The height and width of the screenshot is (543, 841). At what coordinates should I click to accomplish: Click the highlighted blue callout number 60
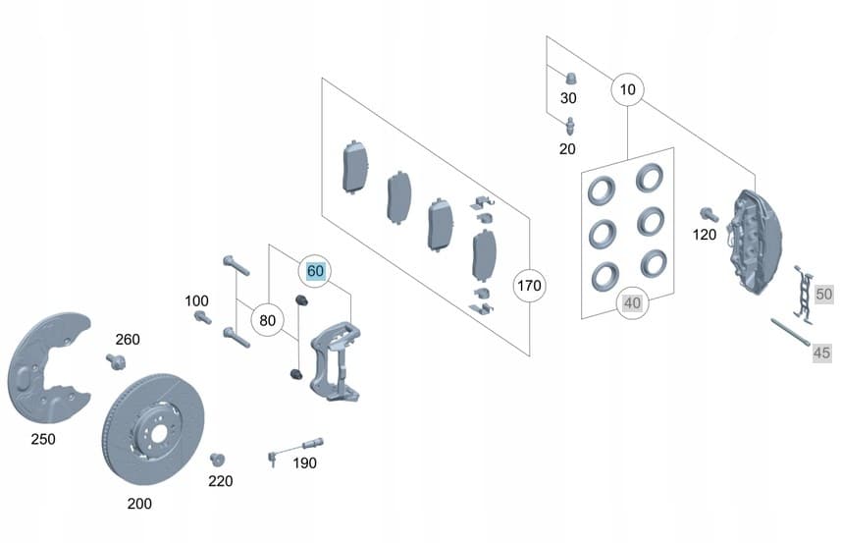[x=315, y=271]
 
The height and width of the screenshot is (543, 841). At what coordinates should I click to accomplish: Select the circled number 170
[x=529, y=286]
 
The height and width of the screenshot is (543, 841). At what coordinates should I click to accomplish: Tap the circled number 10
[x=627, y=89]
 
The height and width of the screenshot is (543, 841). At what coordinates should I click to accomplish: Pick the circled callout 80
[x=267, y=320]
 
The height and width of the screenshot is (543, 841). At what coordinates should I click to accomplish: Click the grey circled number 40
[x=632, y=303]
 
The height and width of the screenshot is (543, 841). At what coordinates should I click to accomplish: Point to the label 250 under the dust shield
[x=43, y=439]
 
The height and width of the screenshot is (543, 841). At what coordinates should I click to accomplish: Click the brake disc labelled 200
[x=153, y=429]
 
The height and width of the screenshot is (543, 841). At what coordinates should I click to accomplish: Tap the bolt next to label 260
[x=116, y=361]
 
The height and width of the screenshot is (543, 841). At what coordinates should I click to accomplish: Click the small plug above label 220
[x=217, y=461]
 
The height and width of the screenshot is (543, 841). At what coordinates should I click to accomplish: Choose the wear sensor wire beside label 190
[x=295, y=450]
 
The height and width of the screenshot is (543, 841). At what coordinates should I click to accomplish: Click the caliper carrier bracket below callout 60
[x=336, y=360]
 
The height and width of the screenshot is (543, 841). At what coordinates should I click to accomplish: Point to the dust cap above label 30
[x=572, y=78]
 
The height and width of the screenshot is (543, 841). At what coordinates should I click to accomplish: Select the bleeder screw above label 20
[x=571, y=127]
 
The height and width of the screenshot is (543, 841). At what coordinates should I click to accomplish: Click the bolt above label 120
[x=710, y=215]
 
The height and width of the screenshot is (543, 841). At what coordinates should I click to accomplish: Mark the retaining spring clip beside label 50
[x=804, y=295]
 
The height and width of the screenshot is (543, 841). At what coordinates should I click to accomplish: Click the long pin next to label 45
[x=791, y=333]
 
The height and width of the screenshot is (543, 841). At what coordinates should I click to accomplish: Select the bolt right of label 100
[x=202, y=317]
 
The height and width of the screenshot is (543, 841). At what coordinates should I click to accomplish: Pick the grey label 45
[x=821, y=353]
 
